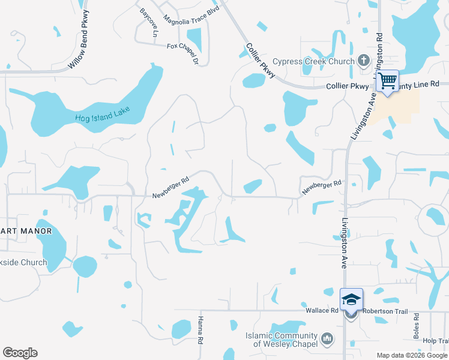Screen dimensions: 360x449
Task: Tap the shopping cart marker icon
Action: coord(388,80)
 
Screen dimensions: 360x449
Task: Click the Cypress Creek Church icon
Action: coord(363,60)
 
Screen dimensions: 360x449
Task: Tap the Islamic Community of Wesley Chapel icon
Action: coord(327,339)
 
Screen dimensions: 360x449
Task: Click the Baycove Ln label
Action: coord(148,22)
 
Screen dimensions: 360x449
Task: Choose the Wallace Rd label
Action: coord(322,310)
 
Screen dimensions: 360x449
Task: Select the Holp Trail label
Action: coord(435,341)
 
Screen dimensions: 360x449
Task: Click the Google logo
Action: coord(20,353)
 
